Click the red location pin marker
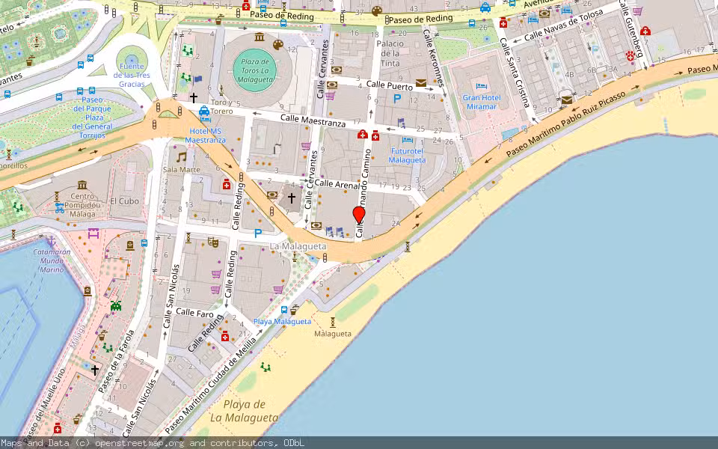[x=359, y=215]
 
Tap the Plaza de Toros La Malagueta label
[x=254, y=70]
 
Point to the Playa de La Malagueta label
[x=244, y=412]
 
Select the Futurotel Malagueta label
[x=408, y=155]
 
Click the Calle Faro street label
[x=195, y=313]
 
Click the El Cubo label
[x=124, y=201]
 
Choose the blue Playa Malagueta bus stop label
[x=282, y=321]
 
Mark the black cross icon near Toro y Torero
[x=194, y=98]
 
